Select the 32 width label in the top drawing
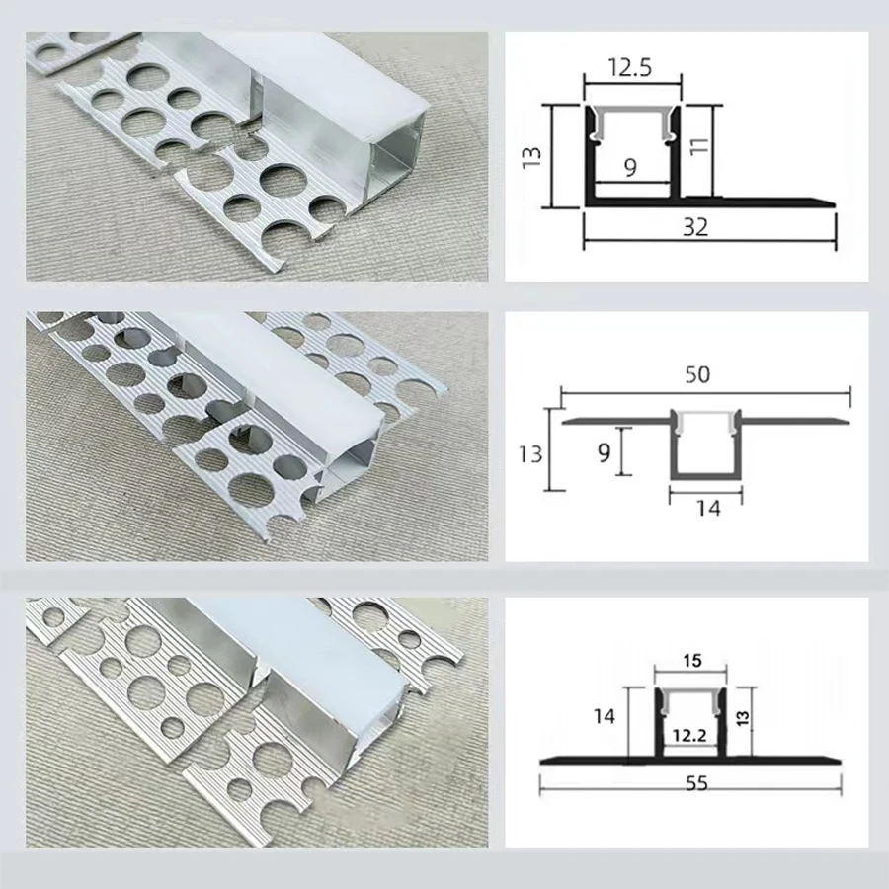[695, 227]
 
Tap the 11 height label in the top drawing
[697, 148]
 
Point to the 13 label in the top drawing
[530, 155]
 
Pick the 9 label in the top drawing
[629, 168]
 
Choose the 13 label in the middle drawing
[530, 453]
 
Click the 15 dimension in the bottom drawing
[692, 659]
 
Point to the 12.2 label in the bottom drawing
[691, 735]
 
